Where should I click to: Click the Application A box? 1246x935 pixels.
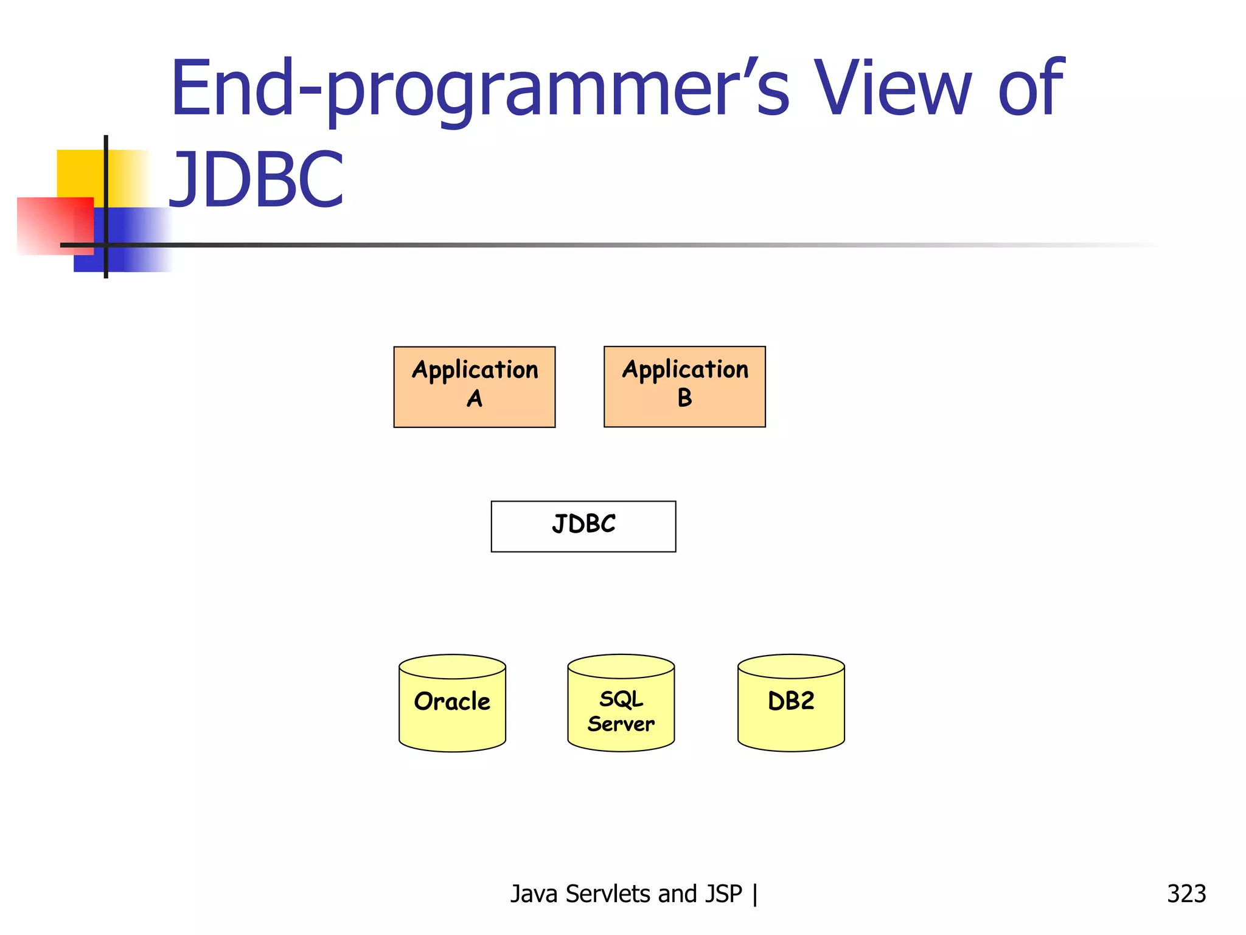pos(474,387)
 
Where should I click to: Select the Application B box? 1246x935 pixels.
pos(684,387)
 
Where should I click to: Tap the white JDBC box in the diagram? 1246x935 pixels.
pos(583,526)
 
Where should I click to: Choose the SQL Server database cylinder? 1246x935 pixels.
pos(621,706)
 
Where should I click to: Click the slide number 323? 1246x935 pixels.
pos(1186,894)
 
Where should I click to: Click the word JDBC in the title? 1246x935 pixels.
pos(256,180)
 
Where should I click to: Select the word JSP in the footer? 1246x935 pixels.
pos(724,894)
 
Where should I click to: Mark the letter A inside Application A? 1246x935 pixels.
pos(475,399)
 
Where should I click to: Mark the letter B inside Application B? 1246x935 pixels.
pos(684,398)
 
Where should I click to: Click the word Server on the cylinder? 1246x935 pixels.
pos(621,724)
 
